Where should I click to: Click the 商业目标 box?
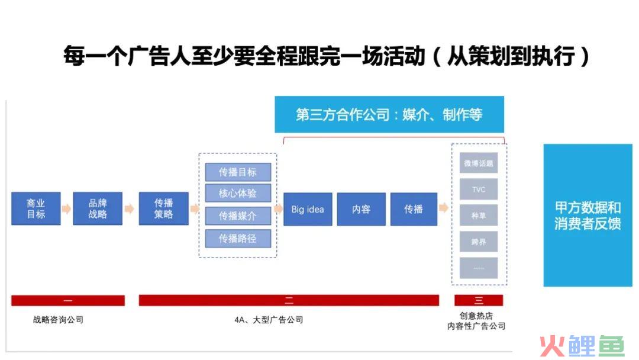click(x=36, y=209)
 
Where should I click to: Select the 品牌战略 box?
click(x=98, y=209)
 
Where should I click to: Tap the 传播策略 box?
click(x=164, y=209)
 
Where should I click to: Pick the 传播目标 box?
click(x=238, y=172)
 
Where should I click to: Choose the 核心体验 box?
click(x=238, y=193)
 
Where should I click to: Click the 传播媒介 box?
click(x=238, y=216)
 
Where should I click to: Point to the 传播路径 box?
click(x=238, y=239)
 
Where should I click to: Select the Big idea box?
click(x=308, y=209)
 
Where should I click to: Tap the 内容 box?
click(x=361, y=209)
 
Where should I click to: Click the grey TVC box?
click(x=479, y=189)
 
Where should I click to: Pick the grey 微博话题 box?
click(x=479, y=163)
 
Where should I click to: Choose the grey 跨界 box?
click(x=479, y=242)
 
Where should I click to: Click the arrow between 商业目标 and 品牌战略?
click(x=66, y=209)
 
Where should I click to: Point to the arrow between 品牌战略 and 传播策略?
click(x=130, y=209)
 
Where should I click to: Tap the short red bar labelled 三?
click(x=479, y=301)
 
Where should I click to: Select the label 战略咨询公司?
click(x=58, y=320)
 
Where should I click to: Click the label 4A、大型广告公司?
click(x=269, y=320)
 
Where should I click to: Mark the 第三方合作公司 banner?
click(x=389, y=114)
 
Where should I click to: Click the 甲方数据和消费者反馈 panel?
click(x=588, y=216)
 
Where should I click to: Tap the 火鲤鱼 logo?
click(x=582, y=346)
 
